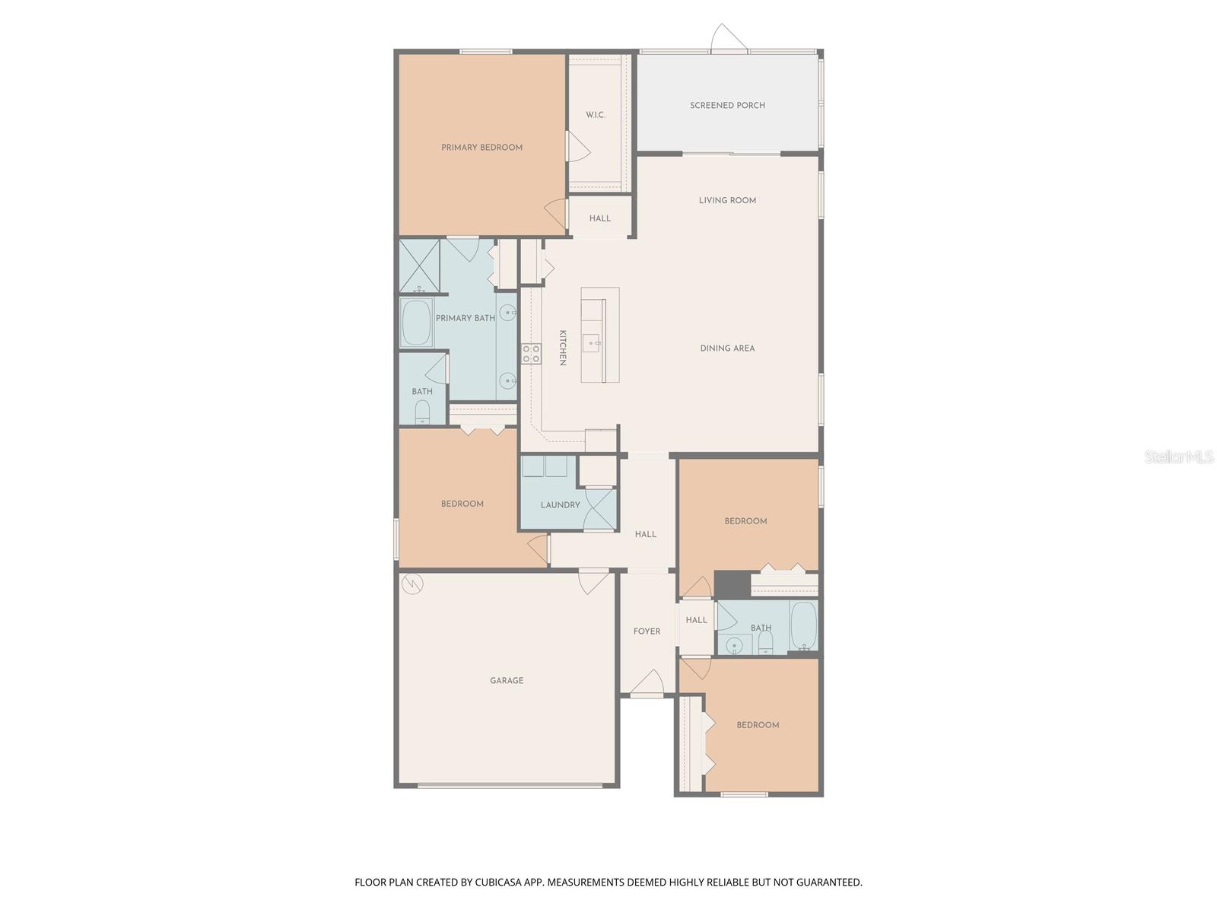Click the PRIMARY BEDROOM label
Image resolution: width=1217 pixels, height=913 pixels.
pos(481,148)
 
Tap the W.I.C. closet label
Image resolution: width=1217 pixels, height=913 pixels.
pos(596,116)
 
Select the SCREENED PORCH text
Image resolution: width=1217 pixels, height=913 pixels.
pos(727,106)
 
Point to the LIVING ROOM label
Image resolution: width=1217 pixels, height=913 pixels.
pos(727,201)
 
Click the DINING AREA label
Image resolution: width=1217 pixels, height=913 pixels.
pos(727,348)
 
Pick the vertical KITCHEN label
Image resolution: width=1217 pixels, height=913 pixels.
pos(563,348)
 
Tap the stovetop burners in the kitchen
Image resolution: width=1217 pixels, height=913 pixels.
pos(531,354)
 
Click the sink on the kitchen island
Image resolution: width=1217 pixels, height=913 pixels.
pos(592,343)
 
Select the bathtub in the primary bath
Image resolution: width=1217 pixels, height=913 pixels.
pos(416,323)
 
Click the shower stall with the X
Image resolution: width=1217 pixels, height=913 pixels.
pos(419,266)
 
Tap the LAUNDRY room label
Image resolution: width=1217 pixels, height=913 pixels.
pos(560,505)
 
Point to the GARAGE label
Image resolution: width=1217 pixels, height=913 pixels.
pos(507,681)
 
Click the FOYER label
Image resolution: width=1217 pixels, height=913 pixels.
pos(647,631)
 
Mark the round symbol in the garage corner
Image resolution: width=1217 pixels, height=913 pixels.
pos(412,584)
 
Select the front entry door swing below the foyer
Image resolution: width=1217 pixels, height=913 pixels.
pos(647,683)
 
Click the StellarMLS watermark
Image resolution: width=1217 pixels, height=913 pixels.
pos(1179,457)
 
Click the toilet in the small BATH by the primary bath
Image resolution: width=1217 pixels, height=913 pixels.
pos(422,413)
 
